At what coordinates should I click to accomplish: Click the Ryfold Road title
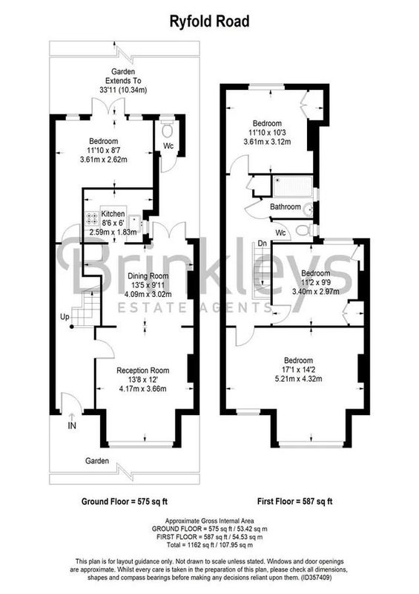[x=209, y=22]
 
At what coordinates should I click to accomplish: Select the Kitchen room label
[x=113, y=214]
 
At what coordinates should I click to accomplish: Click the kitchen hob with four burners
[x=92, y=218]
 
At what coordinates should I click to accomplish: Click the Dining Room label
[x=148, y=276]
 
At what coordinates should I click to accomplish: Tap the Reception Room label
[x=142, y=371]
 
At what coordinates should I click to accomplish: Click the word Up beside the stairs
[x=65, y=317]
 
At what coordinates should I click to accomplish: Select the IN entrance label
[x=72, y=425]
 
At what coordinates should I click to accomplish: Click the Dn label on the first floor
[x=263, y=244]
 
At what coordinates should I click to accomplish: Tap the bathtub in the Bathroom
[x=293, y=186]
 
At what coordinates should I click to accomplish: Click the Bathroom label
[x=286, y=207]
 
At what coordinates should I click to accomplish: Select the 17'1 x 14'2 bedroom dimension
[x=299, y=370]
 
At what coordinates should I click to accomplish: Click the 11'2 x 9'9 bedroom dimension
[x=315, y=282]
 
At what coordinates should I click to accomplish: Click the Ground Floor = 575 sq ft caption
[x=125, y=502]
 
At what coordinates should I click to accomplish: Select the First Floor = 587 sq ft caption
[x=295, y=502]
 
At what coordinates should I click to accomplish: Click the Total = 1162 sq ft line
[x=210, y=545]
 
